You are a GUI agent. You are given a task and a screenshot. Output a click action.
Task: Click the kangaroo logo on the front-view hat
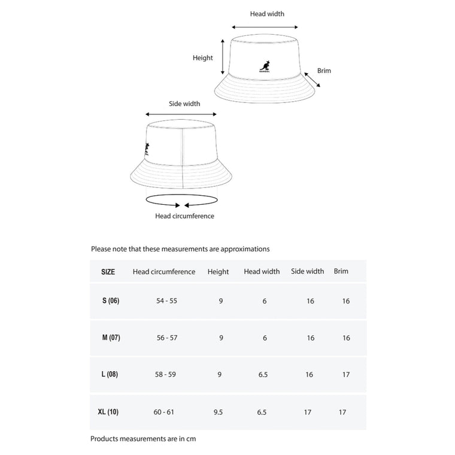(x=265, y=66)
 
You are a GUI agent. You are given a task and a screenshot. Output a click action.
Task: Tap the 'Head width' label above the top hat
(x=267, y=14)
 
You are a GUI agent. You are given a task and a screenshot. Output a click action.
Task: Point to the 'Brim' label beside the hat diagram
(x=324, y=71)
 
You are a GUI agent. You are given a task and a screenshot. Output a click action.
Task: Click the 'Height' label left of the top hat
(x=202, y=58)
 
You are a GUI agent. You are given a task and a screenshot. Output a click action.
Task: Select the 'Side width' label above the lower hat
(x=184, y=104)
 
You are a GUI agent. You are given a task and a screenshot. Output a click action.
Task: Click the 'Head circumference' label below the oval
(x=184, y=216)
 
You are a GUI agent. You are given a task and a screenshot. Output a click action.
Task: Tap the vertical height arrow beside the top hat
(x=223, y=58)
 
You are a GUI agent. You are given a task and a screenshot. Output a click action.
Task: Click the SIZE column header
(x=108, y=272)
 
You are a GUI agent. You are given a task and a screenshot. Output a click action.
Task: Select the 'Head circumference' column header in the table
(x=164, y=272)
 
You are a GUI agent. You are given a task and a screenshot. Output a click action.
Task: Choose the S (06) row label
(x=111, y=301)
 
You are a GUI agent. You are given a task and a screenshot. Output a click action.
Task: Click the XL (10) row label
(x=108, y=412)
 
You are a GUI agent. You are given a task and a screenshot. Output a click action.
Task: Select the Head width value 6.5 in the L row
(x=262, y=375)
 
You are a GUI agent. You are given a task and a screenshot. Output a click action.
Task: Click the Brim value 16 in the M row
(x=346, y=338)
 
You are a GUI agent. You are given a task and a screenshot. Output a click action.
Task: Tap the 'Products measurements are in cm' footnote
(x=143, y=439)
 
